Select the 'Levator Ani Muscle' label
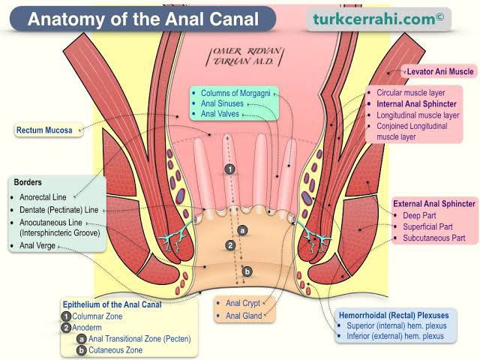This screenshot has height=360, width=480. (439, 71)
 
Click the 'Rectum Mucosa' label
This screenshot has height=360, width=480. (44, 130)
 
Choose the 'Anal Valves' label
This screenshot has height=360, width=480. (221, 115)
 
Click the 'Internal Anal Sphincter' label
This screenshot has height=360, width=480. (416, 104)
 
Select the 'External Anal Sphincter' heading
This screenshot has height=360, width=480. (434, 203)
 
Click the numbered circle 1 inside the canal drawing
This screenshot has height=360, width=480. (232, 169)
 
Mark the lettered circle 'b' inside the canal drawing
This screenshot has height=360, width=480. (248, 271)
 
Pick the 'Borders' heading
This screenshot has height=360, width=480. (28, 182)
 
